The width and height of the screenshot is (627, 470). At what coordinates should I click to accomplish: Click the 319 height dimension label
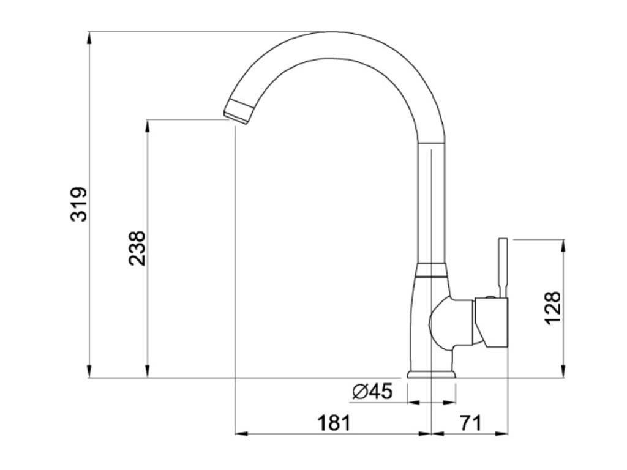click(x=78, y=204)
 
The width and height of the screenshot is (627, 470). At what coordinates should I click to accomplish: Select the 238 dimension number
click(x=137, y=248)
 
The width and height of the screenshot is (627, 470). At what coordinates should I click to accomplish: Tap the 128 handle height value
click(x=553, y=308)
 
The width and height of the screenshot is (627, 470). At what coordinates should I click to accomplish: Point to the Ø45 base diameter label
click(x=372, y=391)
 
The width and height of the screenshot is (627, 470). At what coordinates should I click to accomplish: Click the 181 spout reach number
click(x=334, y=423)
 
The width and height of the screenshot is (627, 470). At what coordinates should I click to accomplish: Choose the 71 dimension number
click(x=471, y=423)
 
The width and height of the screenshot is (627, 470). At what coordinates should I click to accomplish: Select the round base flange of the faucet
click(x=432, y=374)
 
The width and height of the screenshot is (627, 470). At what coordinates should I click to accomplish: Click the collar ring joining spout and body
click(x=430, y=270)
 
